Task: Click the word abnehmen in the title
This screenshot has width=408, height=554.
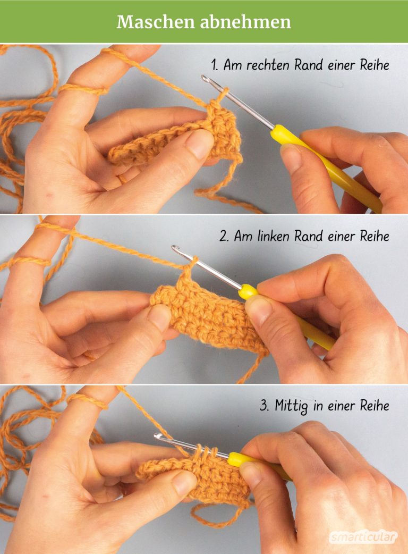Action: point(245,22)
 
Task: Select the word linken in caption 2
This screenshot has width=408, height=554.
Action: point(274,236)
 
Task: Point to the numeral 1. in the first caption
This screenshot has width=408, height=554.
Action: point(215,65)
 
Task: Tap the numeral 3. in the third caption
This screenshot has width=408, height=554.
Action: point(265,405)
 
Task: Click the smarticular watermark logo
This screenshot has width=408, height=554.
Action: point(363,537)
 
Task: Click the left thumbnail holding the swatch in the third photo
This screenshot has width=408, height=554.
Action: point(183,482)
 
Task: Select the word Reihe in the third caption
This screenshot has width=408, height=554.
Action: point(375,405)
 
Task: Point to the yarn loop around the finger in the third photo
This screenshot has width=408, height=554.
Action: point(87,401)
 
